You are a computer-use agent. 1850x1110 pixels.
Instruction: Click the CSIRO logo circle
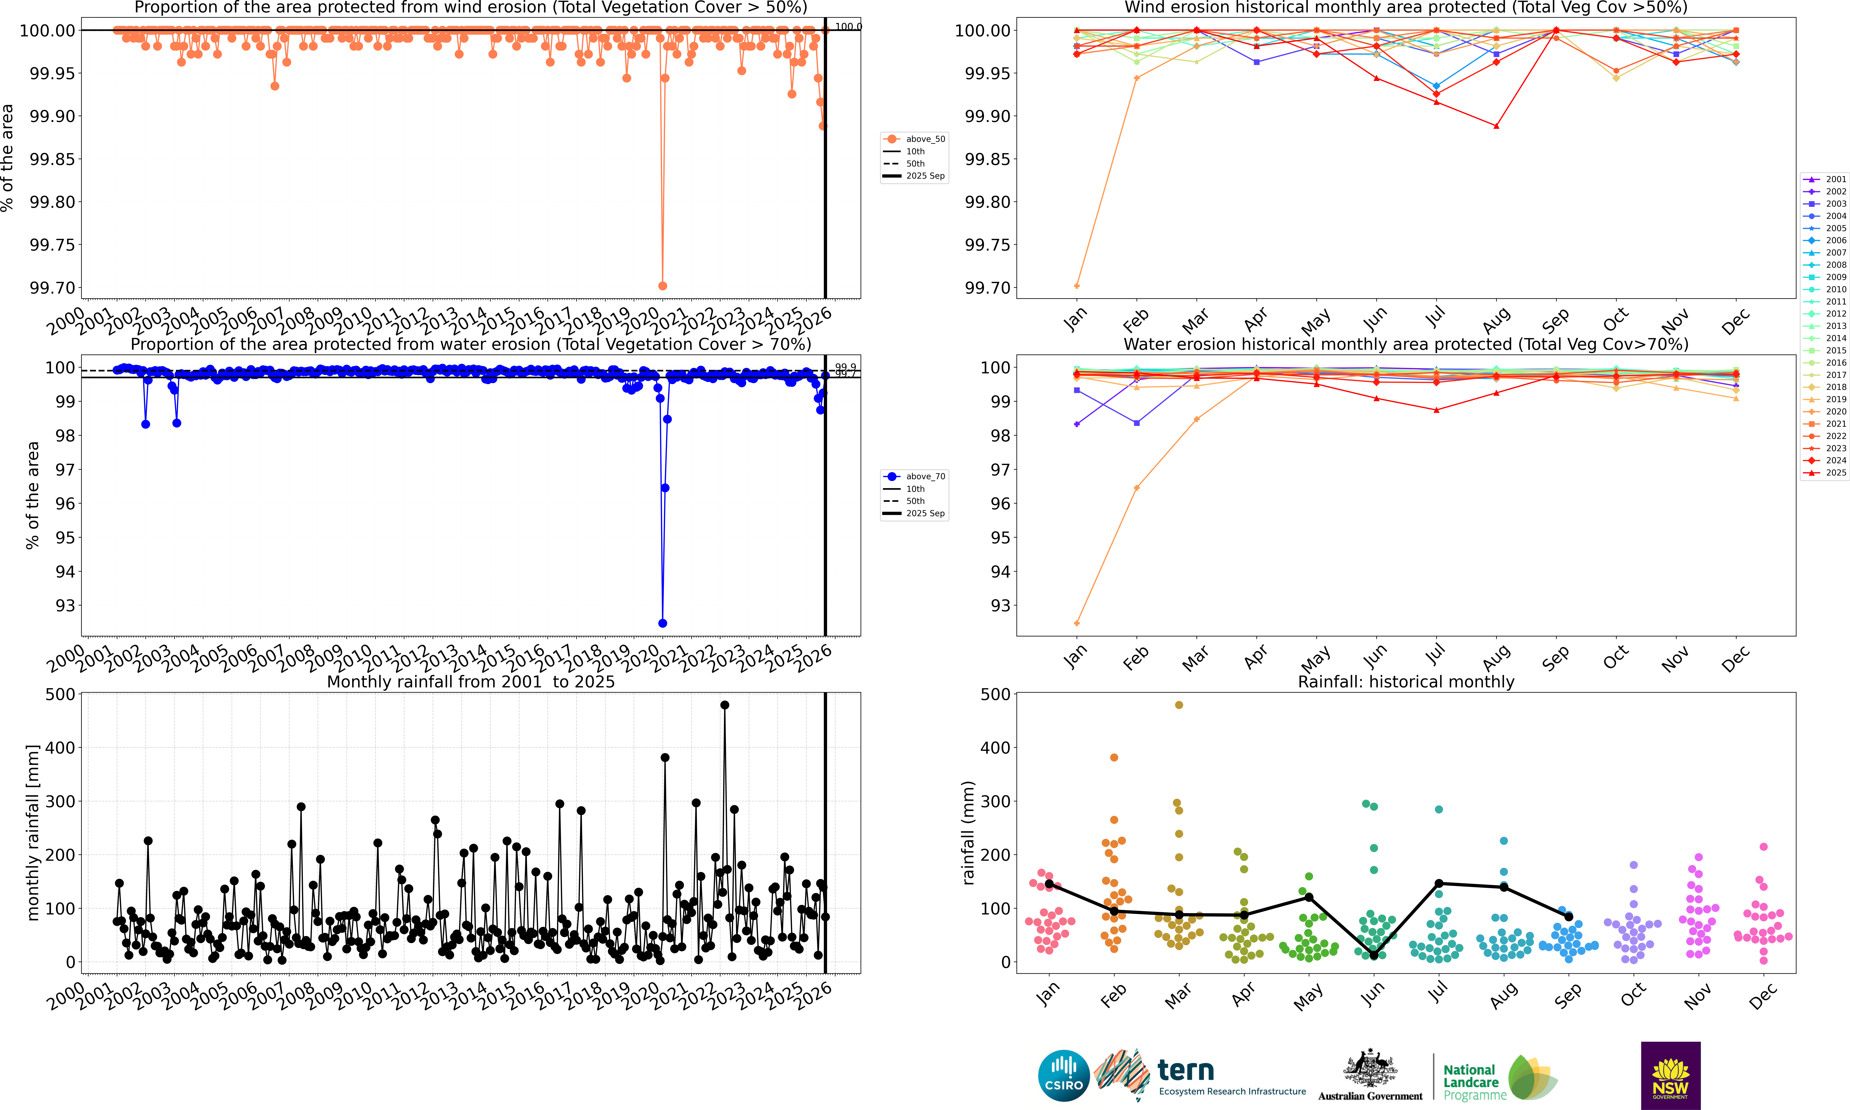[x=1063, y=1076]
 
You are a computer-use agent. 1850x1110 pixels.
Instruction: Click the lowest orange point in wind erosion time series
[x=662, y=286]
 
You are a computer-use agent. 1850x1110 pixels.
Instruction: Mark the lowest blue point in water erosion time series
[x=662, y=623]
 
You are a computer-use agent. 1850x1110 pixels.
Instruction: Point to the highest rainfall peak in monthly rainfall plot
[x=724, y=705]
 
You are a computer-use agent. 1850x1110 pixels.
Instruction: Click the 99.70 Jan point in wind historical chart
[x=1076, y=286]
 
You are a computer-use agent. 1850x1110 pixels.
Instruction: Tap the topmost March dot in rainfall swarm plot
[x=1179, y=705]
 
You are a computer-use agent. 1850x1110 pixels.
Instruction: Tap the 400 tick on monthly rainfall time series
[x=60, y=747]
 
